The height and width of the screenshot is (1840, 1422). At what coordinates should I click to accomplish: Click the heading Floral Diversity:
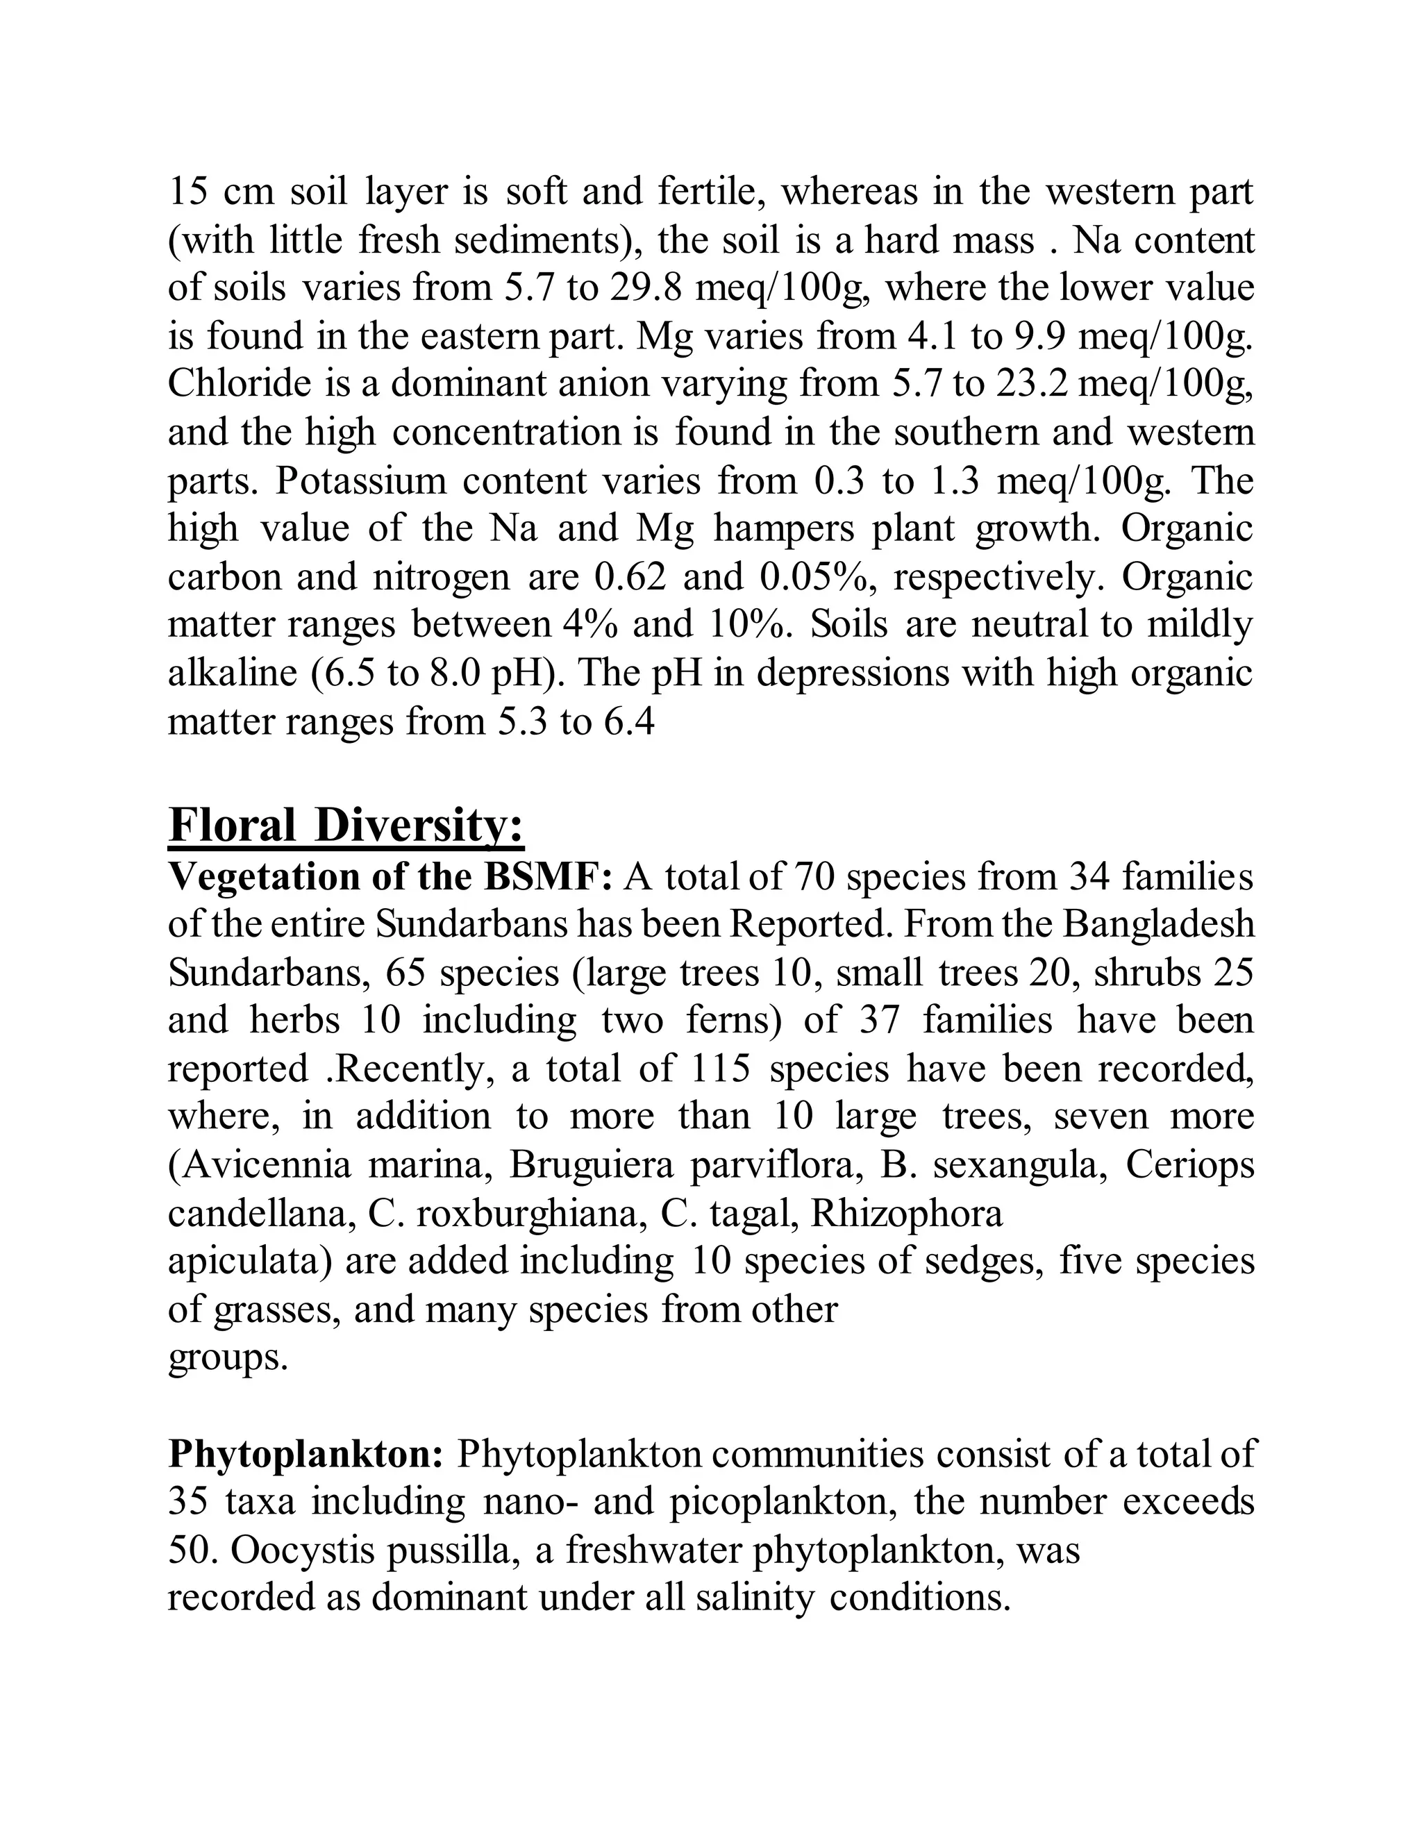tap(346, 825)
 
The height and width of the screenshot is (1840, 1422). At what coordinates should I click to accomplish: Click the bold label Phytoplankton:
tap(306, 1453)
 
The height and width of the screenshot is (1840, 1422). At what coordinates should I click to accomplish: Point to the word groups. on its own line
tap(228, 1357)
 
